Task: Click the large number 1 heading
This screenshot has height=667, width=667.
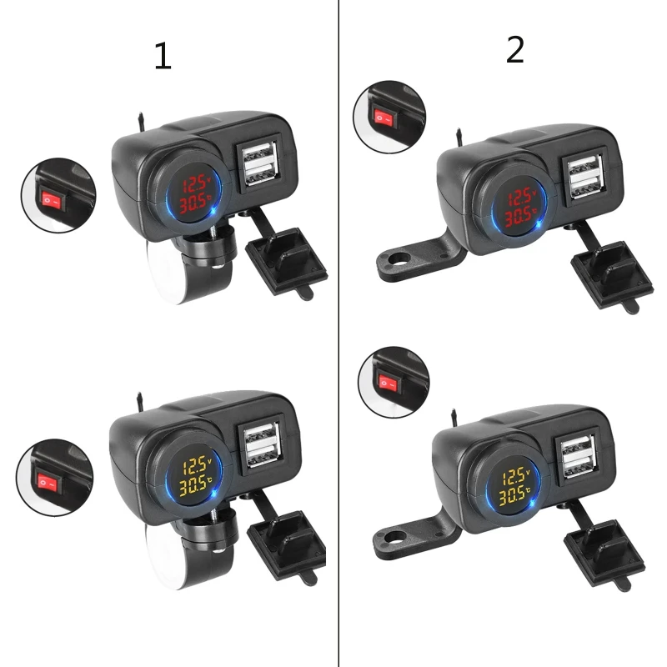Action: click(x=163, y=56)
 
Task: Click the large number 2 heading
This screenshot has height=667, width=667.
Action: click(x=515, y=50)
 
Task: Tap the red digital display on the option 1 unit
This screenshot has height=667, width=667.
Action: click(x=194, y=194)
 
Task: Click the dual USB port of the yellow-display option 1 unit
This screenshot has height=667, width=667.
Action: click(x=262, y=444)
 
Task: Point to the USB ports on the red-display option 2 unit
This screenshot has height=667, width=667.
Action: click(x=586, y=177)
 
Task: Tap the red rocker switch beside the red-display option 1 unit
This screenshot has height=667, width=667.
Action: click(x=53, y=200)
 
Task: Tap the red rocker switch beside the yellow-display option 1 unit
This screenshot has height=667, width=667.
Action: click(x=49, y=483)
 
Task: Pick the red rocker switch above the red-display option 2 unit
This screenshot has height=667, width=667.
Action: click(x=385, y=118)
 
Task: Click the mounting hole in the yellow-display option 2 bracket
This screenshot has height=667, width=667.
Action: click(x=394, y=537)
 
